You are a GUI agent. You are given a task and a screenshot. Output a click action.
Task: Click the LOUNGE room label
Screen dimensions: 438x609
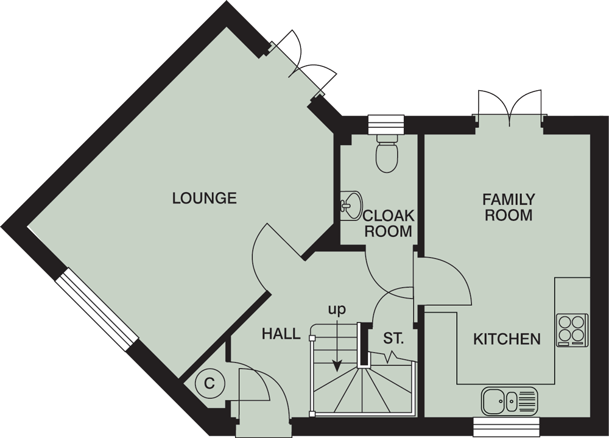pos(204,198)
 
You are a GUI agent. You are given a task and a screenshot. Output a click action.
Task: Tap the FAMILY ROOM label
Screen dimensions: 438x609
pos(509,207)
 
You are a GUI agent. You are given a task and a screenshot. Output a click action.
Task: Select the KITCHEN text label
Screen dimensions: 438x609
pos(507,339)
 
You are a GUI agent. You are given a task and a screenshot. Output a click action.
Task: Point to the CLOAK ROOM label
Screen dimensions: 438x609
pos(388,224)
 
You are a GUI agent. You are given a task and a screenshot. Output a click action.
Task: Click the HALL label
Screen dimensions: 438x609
pos(281,334)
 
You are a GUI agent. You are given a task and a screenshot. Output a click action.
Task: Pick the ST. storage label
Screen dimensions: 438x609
pos(393,337)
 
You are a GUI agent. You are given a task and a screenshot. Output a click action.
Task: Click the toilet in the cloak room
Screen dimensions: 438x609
pos(387,154)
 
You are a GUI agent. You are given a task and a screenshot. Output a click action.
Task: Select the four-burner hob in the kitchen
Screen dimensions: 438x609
pos(572,330)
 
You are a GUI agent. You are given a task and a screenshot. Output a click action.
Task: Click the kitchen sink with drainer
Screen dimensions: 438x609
pos(510,400)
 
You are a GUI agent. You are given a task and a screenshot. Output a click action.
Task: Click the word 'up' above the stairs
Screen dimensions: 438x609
pos(337,309)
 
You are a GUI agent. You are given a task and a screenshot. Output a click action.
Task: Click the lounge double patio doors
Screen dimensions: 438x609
pos(302,64)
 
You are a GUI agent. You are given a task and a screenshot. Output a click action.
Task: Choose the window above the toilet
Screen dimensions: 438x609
pos(387,122)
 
